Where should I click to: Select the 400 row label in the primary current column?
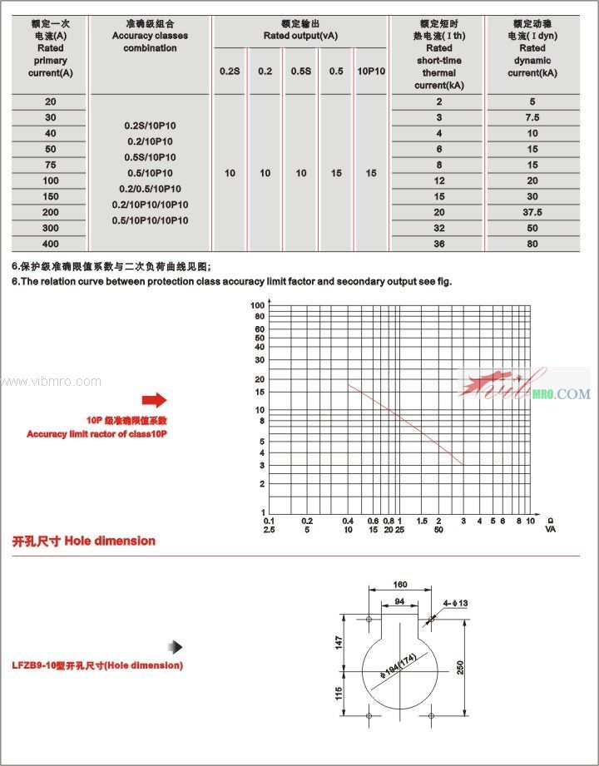tap(51, 244)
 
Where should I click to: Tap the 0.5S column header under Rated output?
tap(301, 72)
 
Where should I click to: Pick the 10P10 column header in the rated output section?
tap(371, 72)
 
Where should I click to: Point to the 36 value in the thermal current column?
tap(438, 244)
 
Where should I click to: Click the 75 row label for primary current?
tap(51, 165)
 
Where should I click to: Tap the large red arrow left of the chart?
tap(155, 400)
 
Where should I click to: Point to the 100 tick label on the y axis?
tap(258, 306)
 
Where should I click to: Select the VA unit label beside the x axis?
tap(551, 529)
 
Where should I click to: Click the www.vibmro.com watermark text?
tap(51, 382)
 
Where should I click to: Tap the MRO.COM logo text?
tap(562, 393)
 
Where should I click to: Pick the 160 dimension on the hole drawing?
tap(399, 585)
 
